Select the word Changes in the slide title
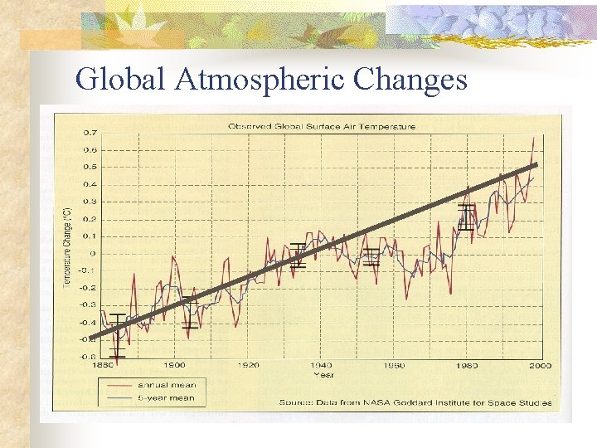tap(410, 79)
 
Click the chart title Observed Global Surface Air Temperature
tap(323, 127)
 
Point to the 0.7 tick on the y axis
tap(89, 133)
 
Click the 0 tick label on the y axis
tap(92, 254)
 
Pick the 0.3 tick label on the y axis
tap(89, 202)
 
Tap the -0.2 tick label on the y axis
tap(87, 288)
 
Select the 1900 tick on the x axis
tap(174, 365)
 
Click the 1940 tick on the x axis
tap(321, 365)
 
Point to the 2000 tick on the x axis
tap(541, 365)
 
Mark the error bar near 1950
tap(371, 256)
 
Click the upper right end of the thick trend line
tap(536, 165)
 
